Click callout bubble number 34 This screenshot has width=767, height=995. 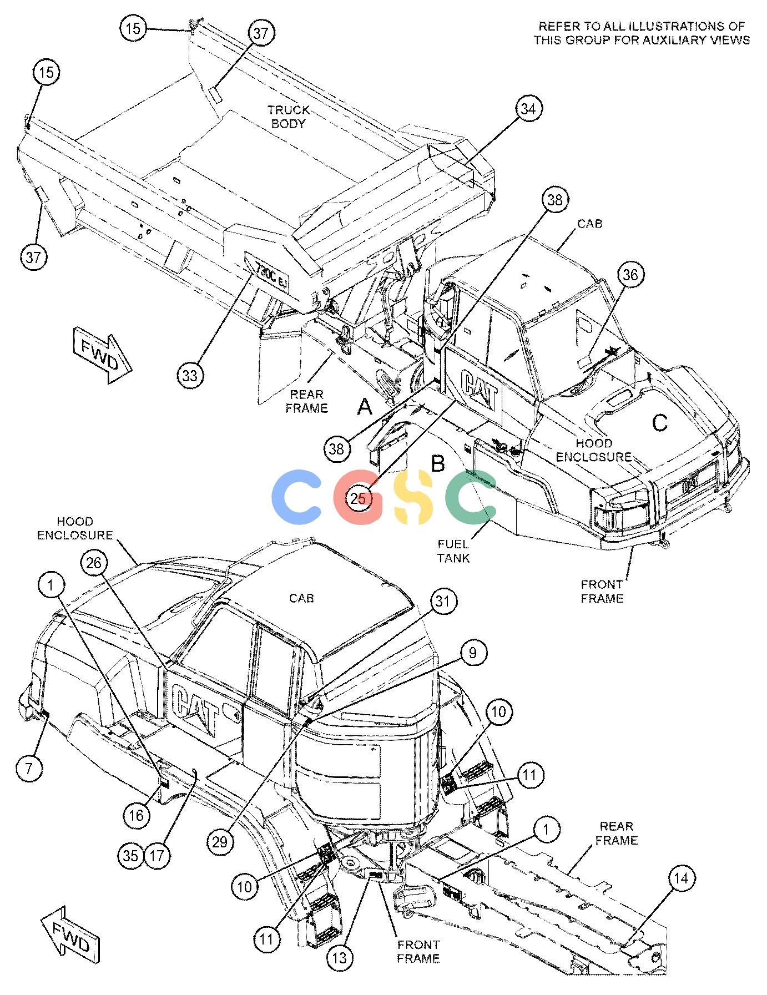pos(528,109)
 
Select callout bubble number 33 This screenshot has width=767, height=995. pos(190,376)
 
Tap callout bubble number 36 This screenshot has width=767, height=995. pos(630,275)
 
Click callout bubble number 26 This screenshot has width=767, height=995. pos(94,563)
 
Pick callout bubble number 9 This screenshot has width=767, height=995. pos(473,653)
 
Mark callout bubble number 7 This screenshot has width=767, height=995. pos(29,768)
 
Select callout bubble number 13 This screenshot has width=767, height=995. pos(340,957)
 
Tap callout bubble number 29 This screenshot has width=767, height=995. pos(220,842)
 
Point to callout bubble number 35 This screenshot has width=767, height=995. pos(131,856)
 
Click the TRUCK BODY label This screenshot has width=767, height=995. pos(289,117)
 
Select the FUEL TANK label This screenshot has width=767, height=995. pos(453,551)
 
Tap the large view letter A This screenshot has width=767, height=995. pos(364,407)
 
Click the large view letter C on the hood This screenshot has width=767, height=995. pos(659,423)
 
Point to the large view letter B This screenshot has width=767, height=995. pos(438,464)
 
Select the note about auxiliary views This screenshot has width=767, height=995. pos(642,33)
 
